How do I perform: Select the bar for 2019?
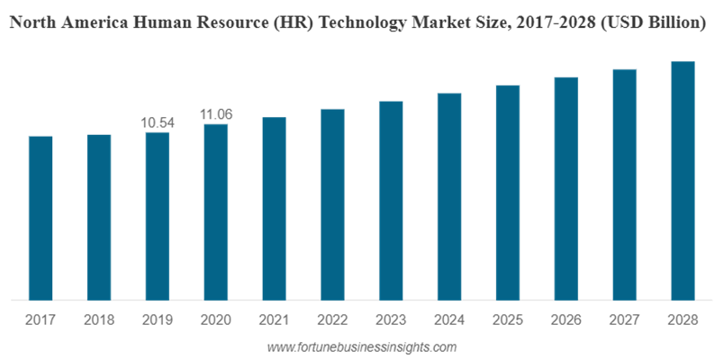158,216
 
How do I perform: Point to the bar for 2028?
683,180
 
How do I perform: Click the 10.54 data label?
158,122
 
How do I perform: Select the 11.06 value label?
216,114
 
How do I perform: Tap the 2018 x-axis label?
99,319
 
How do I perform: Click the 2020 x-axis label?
216,319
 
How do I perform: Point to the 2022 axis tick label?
332,319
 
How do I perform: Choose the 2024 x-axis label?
449,319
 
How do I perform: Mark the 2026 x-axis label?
566,319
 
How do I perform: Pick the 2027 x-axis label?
624,319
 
